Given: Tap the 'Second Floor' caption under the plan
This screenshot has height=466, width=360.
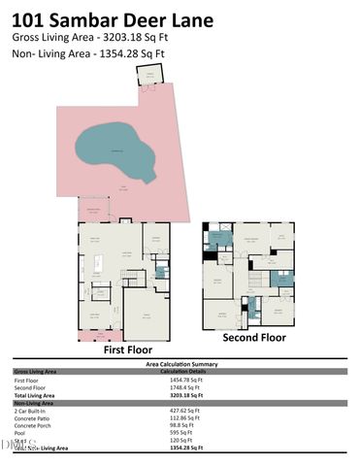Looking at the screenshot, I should [x=253, y=338].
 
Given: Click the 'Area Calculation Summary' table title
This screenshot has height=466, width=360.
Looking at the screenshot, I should [x=180, y=363].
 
